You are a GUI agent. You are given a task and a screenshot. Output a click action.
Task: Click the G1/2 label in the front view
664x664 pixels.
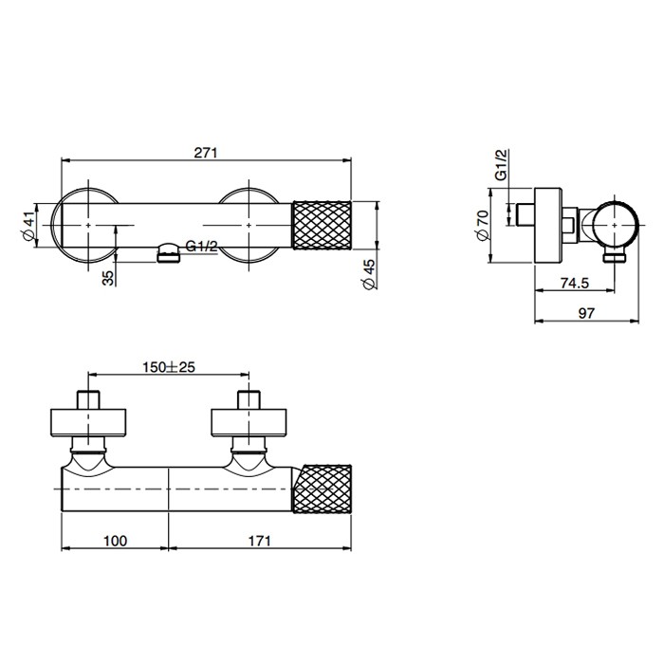tap(201, 247)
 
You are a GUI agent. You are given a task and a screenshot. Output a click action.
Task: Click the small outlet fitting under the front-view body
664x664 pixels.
tap(167, 252)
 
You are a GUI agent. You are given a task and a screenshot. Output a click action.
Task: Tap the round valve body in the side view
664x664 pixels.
tap(614, 226)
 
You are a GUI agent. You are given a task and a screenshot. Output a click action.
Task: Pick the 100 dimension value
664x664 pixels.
tap(114, 541)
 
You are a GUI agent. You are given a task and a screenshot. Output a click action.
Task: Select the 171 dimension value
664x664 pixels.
tap(260, 541)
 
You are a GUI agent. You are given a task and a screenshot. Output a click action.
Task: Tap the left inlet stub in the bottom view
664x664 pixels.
tap(89, 399)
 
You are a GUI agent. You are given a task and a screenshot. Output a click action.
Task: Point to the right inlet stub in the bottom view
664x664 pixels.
tap(249, 399)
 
